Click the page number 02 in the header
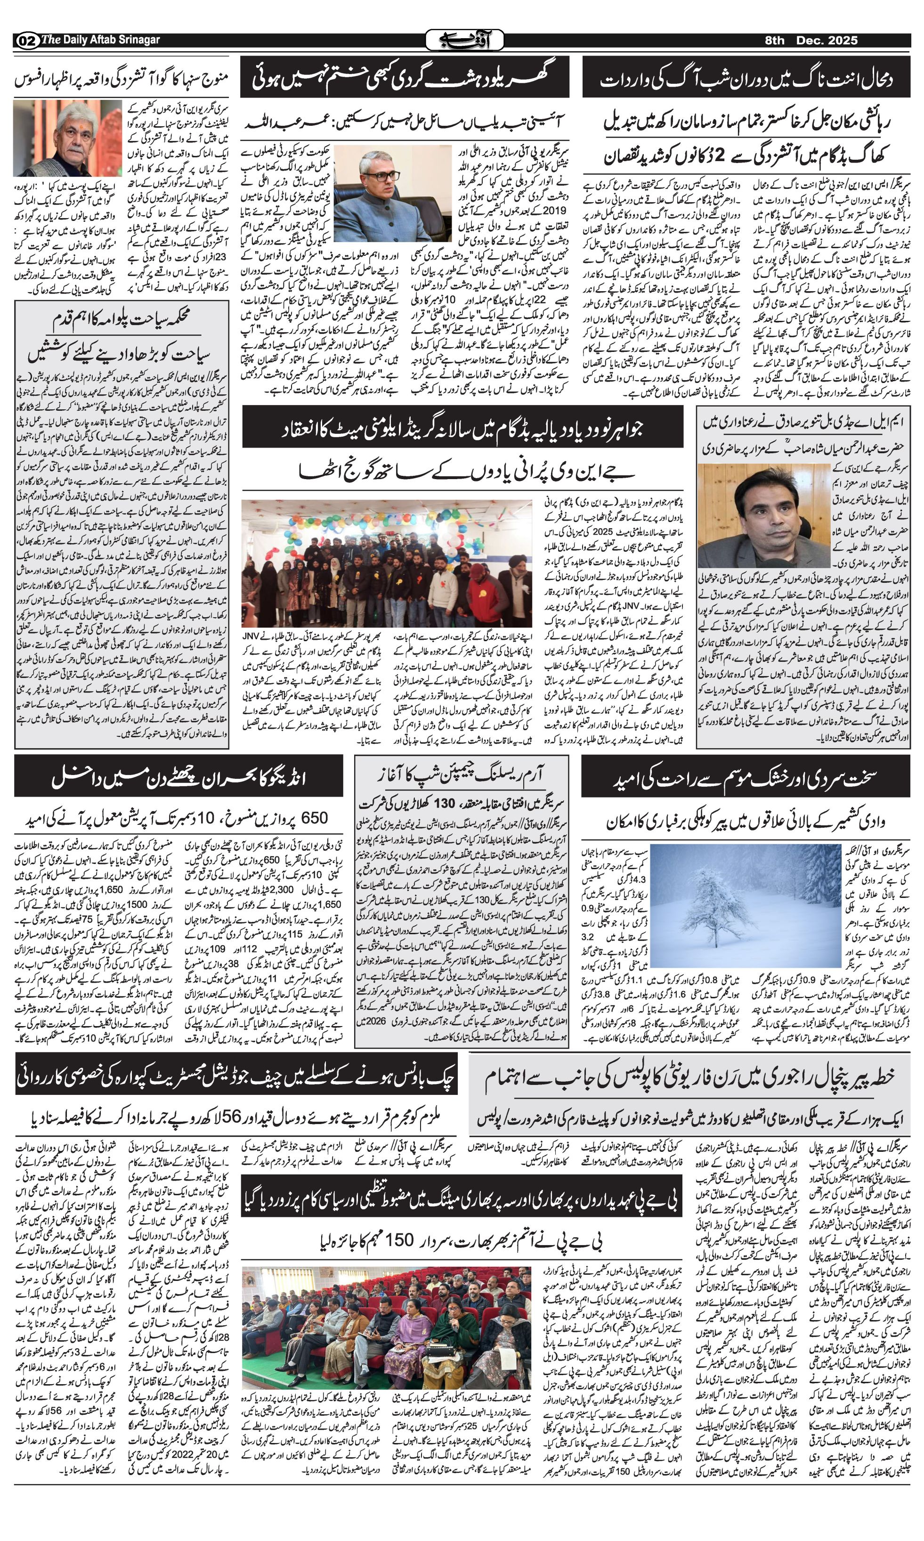(26, 41)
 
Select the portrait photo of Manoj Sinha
(67, 139)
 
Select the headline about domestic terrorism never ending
(405, 77)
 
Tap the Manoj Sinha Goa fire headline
(122, 79)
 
